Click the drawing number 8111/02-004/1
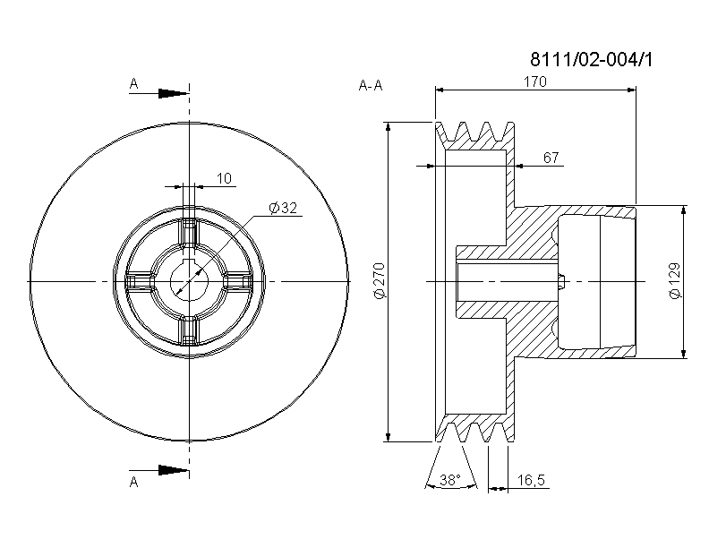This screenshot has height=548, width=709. click(x=592, y=59)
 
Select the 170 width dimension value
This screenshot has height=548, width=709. click(x=535, y=81)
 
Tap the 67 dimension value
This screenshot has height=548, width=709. click(x=551, y=158)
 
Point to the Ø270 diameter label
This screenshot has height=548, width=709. click(x=379, y=281)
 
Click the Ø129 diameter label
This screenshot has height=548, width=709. click(x=674, y=281)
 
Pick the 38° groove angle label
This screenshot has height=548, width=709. click(x=450, y=480)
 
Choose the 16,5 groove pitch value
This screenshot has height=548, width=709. click(x=531, y=480)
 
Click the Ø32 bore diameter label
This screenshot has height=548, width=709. click(x=283, y=208)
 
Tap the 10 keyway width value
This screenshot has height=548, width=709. click(x=225, y=178)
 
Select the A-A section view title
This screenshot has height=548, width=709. click(x=371, y=85)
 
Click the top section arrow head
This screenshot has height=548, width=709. click(x=173, y=94)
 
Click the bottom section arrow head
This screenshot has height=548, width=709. click(x=173, y=470)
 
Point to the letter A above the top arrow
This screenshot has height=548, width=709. click(x=134, y=83)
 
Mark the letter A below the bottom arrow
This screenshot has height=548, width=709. click(x=134, y=483)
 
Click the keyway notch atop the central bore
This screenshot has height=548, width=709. click(x=190, y=265)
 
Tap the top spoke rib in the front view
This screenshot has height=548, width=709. click(x=189, y=234)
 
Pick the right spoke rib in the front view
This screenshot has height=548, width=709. click(x=237, y=282)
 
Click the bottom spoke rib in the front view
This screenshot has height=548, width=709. click(x=189, y=330)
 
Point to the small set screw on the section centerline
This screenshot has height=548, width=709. click(x=561, y=282)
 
